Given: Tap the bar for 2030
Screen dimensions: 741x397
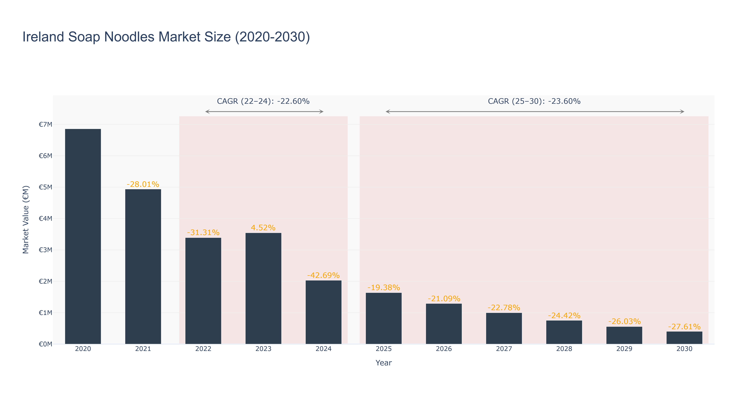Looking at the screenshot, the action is click(x=684, y=338).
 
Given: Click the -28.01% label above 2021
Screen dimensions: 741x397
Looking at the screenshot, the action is click(x=143, y=184).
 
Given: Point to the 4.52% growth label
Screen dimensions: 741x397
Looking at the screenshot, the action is click(x=263, y=228).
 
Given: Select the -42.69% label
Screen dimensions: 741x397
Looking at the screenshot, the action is click(x=323, y=275).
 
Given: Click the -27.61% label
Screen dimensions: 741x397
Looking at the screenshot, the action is click(x=684, y=326).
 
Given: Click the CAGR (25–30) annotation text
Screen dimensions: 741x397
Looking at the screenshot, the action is click(x=534, y=101).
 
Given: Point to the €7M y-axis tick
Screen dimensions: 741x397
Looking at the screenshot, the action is click(x=45, y=125).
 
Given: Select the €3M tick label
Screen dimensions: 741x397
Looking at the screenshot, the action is click(x=45, y=250).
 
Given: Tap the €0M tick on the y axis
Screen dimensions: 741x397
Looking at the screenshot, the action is click(x=45, y=344).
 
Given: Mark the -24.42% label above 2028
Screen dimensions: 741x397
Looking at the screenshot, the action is click(x=564, y=316).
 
